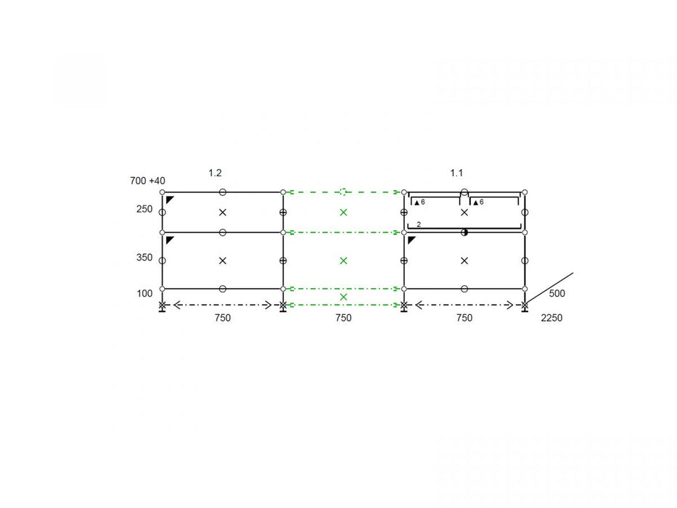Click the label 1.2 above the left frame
(x=215, y=173)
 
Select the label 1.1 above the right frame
(x=456, y=173)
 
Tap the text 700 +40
(x=147, y=181)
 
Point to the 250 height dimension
(x=144, y=209)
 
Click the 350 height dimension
(x=144, y=258)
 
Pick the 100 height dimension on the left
(x=144, y=294)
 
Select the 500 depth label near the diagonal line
(x=557, y=294)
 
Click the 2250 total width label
(x=551, y=318)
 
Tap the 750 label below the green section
(x=343, y=318)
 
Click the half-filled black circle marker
(x=464, y=232)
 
